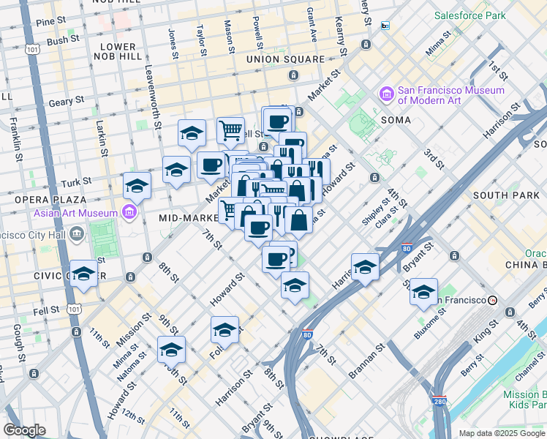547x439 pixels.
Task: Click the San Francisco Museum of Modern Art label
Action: [x=450, y=96]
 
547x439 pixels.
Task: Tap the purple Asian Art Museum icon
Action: [x=130, y=213]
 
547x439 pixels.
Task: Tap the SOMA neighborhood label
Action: [x=395, y=119]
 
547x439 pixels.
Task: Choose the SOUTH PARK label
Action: [x=505, y=195]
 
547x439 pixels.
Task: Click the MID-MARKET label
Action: [x=186, y=218]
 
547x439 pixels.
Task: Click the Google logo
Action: [x=24, y=430]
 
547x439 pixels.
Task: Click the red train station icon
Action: [x=494, y=300]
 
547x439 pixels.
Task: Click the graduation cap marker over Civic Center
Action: [x=84, y=274]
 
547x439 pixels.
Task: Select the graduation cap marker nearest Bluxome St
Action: [x=423, y=291]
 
